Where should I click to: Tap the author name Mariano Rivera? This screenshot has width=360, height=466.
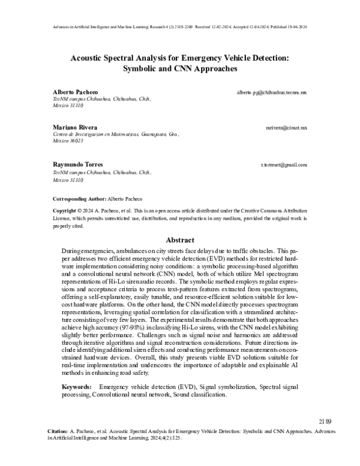71,128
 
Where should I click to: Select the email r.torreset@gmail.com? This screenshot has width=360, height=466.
284,165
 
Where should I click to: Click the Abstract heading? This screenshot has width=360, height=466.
180,239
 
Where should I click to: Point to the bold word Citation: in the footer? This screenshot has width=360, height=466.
58,432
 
